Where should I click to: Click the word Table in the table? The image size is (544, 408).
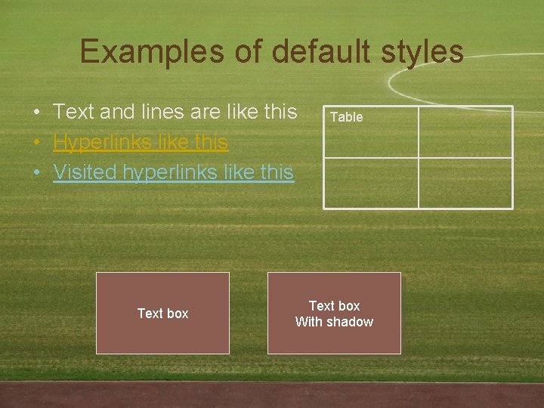pyautogui.click(x=347, y=117)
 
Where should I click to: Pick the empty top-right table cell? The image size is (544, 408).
pyautogui.click(x=465, y=132)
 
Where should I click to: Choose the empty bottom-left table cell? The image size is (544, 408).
pyautogui.click(x=371, y=183)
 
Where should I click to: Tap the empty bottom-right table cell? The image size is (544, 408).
pyautogui.click(x=465, y=183)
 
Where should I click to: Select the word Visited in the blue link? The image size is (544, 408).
pyautogui.click(x=85, y=172)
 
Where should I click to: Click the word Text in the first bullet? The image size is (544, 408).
pyautogui.click(x=73, y=112)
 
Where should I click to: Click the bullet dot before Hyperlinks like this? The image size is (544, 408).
pyautogui.click(x=37, y=143)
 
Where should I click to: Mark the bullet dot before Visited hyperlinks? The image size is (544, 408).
pyautogui.click(x=37, y=173)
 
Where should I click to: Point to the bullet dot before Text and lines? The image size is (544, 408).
pyautogui.click(x=37, y=113)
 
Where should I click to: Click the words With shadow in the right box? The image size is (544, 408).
pyautogui.click(x=334, y=322)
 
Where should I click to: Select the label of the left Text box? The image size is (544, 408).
pyautogui.click(x=162, y=314)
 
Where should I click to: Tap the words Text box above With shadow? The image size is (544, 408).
pyautogui.click(x=334, y=306)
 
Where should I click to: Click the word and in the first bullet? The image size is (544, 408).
pyautogui.click(x=116, y=112)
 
